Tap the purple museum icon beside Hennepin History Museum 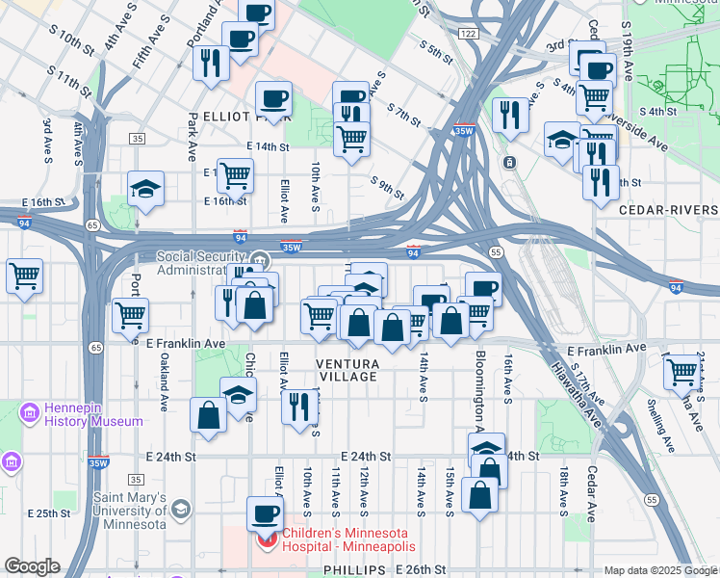click(x=28, y=414)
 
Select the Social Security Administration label click(x=204, y=263)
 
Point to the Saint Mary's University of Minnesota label click(x=129, y=511)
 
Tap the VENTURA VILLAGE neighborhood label click(x=347, y=370)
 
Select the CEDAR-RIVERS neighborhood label click(x=668, y=209)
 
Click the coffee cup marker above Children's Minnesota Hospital click(x=266, y=513)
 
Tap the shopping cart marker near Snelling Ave click(x=681, y=370)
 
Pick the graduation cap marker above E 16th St click(x=145, y=188)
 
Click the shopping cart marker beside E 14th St click(x=235, y=175)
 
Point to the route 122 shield click(x=468, y=34)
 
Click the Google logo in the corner click(x=31, y=566)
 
